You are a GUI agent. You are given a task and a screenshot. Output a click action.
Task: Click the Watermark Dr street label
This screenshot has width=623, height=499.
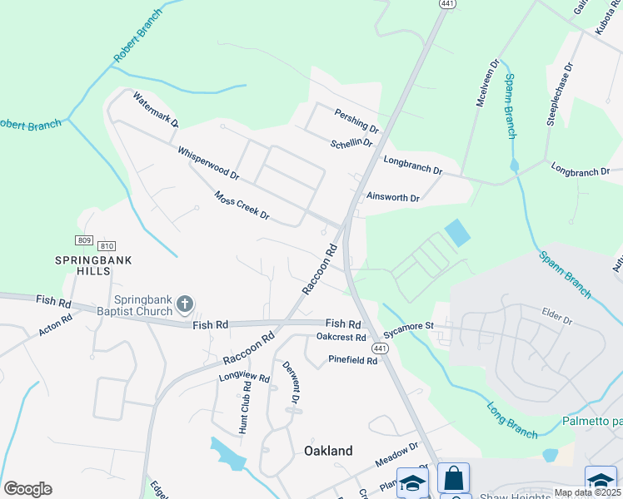coord(155,109)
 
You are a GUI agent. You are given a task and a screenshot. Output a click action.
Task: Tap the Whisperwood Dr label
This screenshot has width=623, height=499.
coord(208,164)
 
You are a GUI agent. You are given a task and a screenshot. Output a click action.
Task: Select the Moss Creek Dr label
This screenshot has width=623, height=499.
coord(242,205)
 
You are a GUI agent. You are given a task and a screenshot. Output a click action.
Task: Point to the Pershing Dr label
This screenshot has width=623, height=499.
coord(356,121)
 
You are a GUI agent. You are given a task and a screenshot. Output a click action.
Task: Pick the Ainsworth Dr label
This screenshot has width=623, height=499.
coord(393,198)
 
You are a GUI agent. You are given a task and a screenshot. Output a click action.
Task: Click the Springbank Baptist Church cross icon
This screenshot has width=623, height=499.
coord(186,305)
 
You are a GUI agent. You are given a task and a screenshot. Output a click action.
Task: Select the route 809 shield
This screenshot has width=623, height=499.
coord(83,240)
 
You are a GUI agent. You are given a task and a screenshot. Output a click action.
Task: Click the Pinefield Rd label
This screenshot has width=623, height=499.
coord(353,361)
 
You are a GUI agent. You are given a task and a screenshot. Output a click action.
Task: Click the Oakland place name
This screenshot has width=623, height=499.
coord(327,451)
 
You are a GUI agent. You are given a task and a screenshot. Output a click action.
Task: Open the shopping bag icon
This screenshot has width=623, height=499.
coord(453,478)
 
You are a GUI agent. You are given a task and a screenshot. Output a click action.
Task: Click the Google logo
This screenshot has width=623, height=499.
coord(27,489)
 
